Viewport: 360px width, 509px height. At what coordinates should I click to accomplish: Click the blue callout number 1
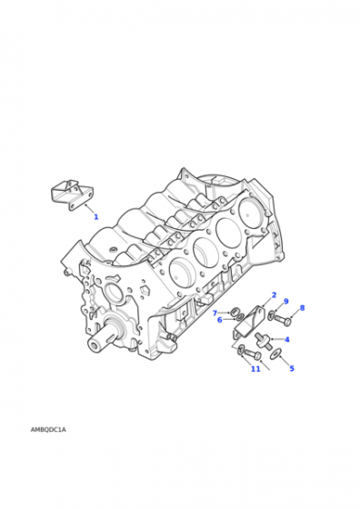pyautogui.click(x=96, y=216)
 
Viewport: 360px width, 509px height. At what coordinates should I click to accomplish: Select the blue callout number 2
pyautogui.click(x=274, y=294)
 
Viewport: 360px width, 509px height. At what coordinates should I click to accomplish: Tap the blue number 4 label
pyautogui.click(x=287, y=340)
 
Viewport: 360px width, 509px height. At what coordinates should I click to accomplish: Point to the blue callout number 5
pyautogui.click(x=292, y=368)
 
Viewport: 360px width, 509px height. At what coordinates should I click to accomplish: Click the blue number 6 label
pyautogui.click(x=220, y=320)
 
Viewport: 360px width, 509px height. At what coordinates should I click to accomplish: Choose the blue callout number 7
pyautogui.click(x=215, y=313)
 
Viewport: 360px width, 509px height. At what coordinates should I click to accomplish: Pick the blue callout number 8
pyautogui.click(x=302, y=308)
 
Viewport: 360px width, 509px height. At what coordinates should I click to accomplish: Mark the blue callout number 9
pyautogui.click(x=286, y=301)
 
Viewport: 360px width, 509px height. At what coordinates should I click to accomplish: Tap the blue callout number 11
pyautogui.click(x=255, y=369)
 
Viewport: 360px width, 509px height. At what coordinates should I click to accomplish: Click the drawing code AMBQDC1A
pyautogui.click(x=48, y=429)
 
